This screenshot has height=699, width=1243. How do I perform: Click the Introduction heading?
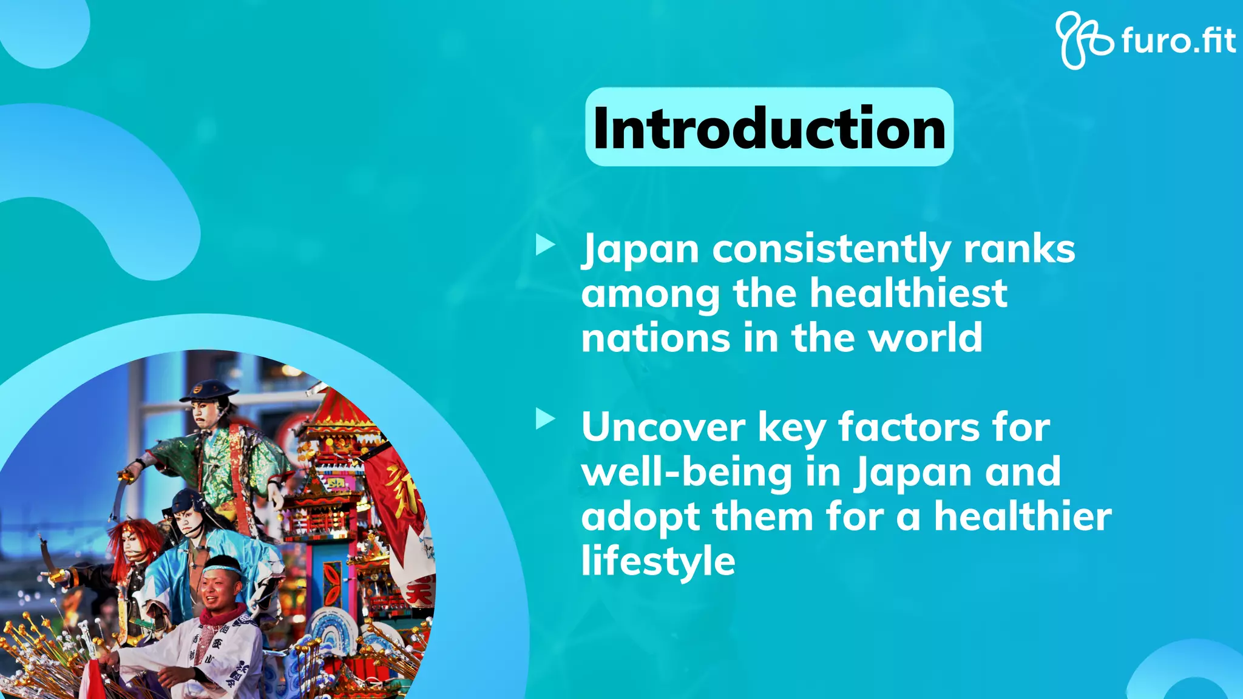click(x=769, y=127)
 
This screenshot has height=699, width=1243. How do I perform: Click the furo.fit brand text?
click(x=1177, y=41)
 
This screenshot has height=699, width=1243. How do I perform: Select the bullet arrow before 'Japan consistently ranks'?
click(x=545, y=245)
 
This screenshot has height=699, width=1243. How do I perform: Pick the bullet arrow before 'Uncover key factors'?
click(x=545, y=419)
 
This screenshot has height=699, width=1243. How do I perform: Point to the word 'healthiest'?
click(x=909, y=293)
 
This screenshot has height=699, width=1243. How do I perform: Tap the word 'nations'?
click(x=655, y=338)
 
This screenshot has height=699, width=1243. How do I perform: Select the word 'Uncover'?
click(x=663, y=427)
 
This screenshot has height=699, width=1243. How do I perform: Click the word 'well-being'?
click(x=686, y=472)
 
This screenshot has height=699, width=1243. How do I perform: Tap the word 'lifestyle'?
click(x=658, y=562)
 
